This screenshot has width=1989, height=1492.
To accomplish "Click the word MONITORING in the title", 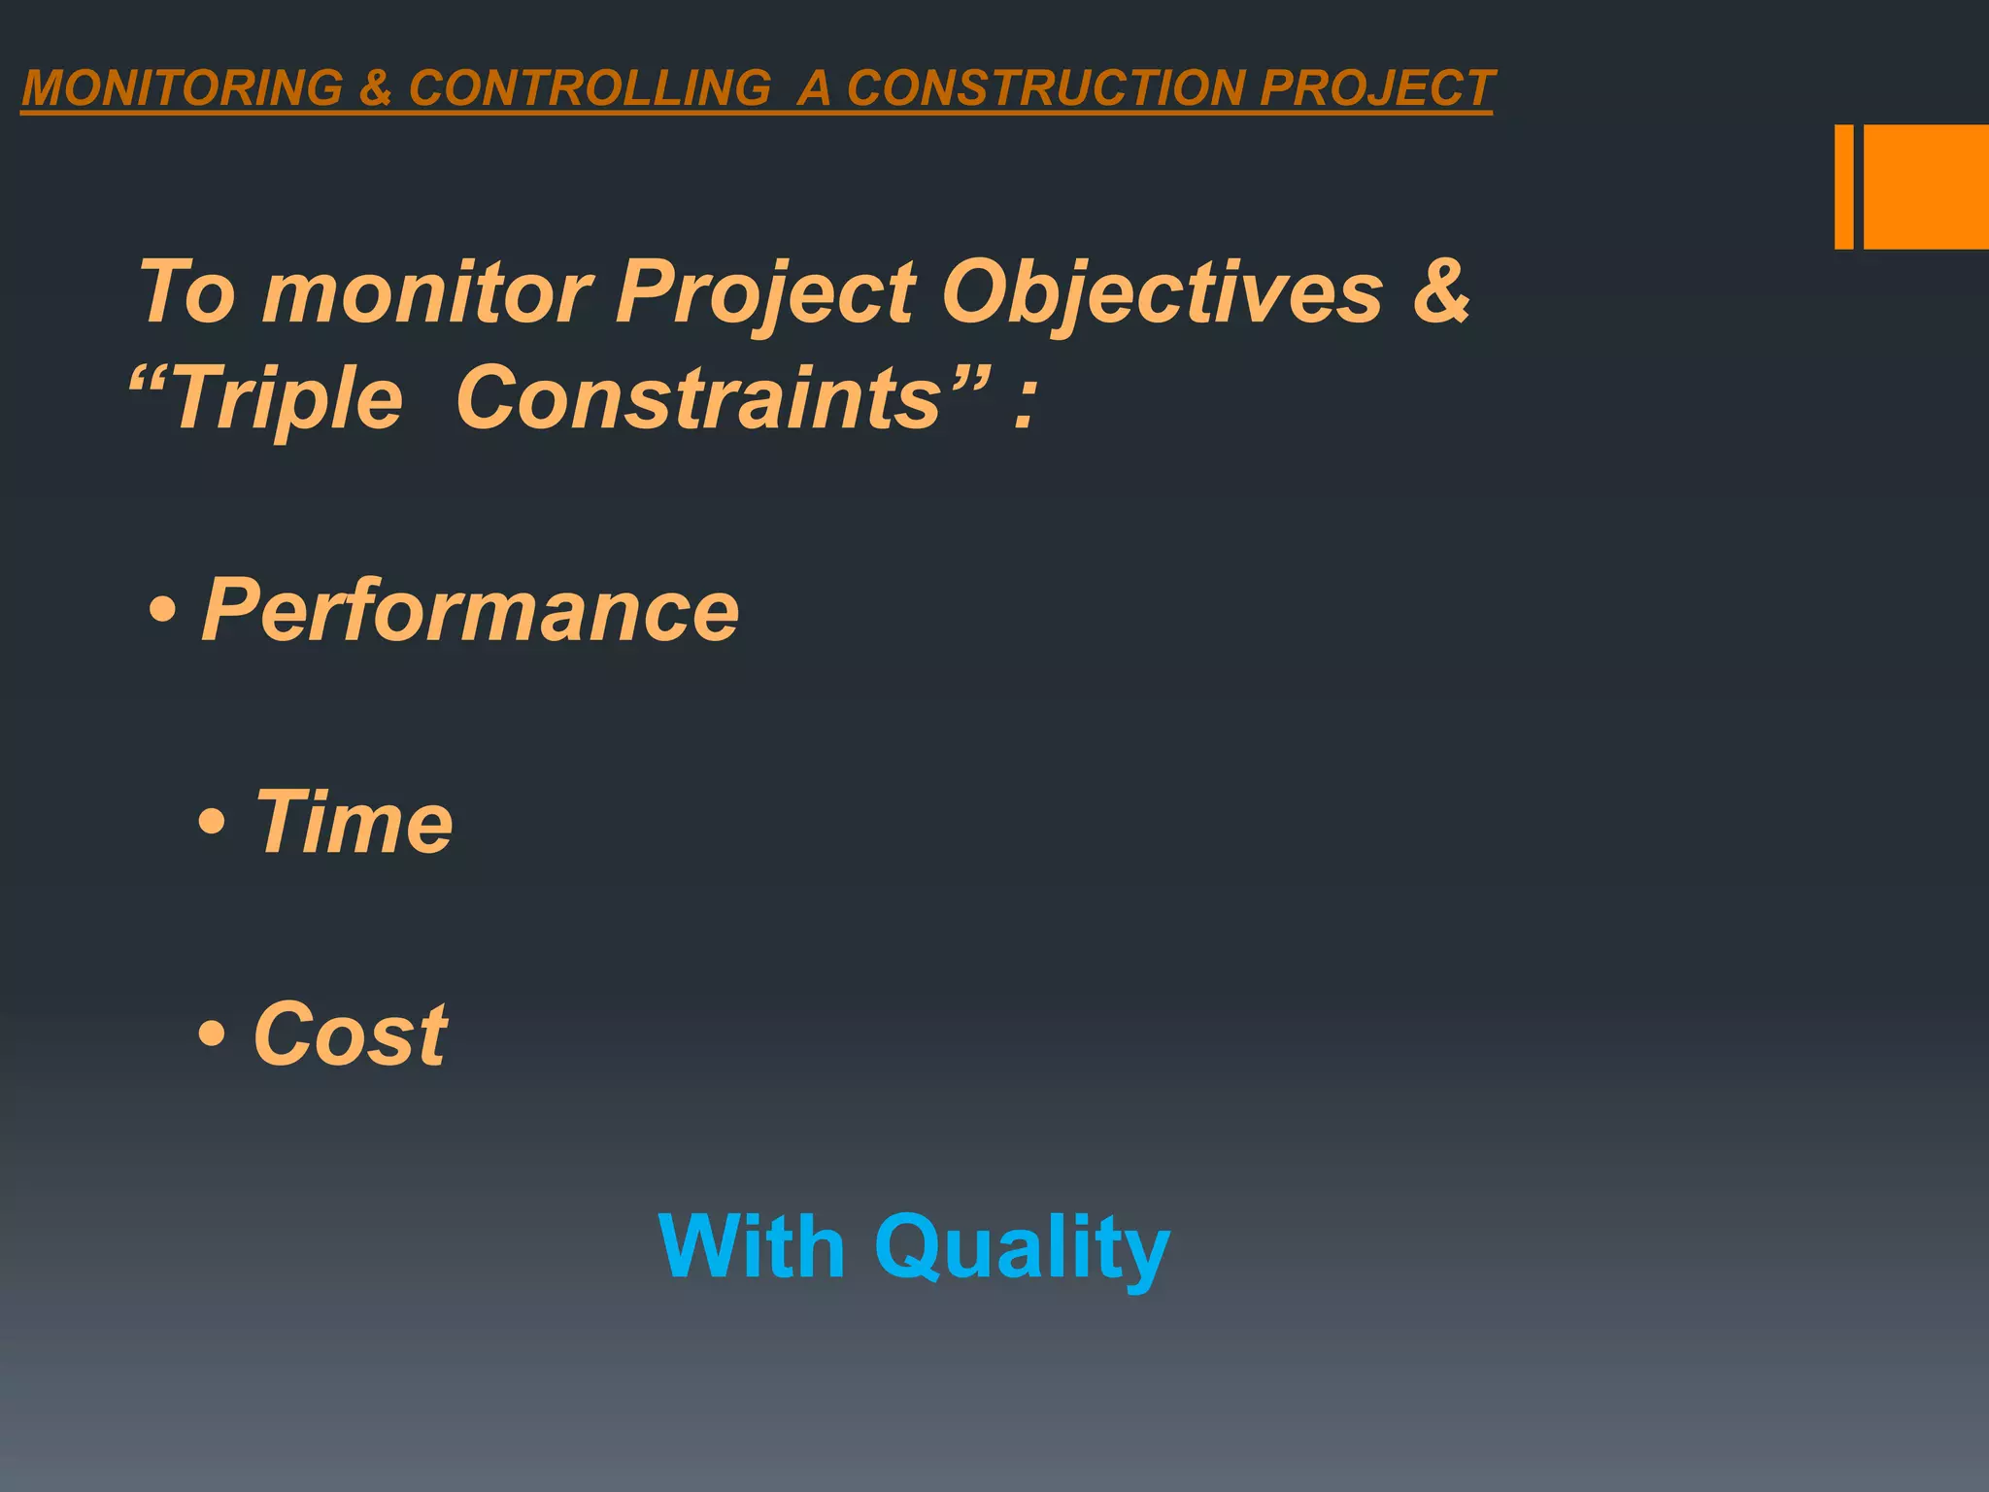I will (x=182, y=88).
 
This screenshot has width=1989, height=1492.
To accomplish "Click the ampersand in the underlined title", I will (x=375, y=88).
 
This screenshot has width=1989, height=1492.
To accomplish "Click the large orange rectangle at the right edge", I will (x=1926, y=186).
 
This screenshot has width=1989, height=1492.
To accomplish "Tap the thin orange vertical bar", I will (x=1843, y=186).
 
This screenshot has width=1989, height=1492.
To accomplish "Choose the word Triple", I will (x=286, y=398).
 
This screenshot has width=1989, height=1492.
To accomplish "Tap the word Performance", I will (x=470, y=610).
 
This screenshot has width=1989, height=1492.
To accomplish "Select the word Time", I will (x=354, y=822).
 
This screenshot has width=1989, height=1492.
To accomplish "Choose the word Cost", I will (x=350, y=1034).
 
